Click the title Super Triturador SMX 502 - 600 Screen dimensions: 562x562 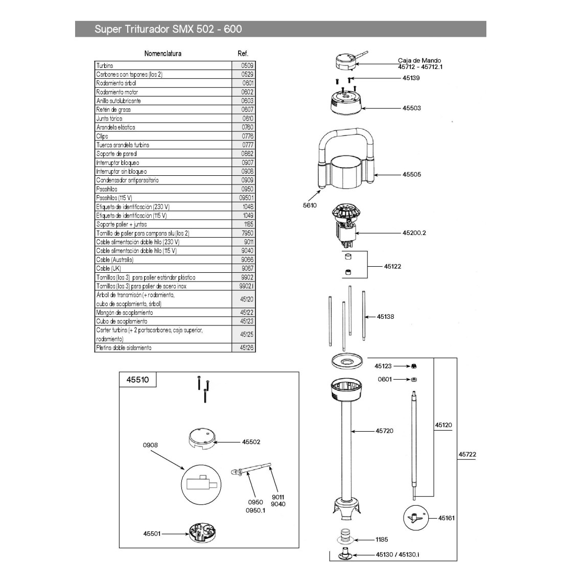click(x=168, y=29)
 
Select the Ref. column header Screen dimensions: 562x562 click(x=243, y=53)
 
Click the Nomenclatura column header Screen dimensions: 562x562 click(x=163, y=53)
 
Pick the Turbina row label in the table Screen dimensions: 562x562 click(x=105, y=65)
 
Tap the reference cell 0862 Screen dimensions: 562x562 click(x=247, y=153)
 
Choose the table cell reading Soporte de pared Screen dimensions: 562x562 click(x=116, y=153)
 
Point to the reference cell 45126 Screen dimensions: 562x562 click(x=246, y=347)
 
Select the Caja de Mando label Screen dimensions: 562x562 click(x=419, y=60)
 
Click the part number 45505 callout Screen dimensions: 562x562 click(x=411, y=174)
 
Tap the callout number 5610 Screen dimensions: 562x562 click(x=310, y=205)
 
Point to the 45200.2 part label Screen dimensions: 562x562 click(x=414, y=232)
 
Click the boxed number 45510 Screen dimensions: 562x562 click(x=134, y=380)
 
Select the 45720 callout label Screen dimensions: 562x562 click(x=385, y=431)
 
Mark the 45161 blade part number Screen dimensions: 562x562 click(x=446, y=518)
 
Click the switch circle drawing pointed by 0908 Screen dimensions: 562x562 click(x=201, y=483)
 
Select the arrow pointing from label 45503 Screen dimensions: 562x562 click(x=380, y=108)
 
